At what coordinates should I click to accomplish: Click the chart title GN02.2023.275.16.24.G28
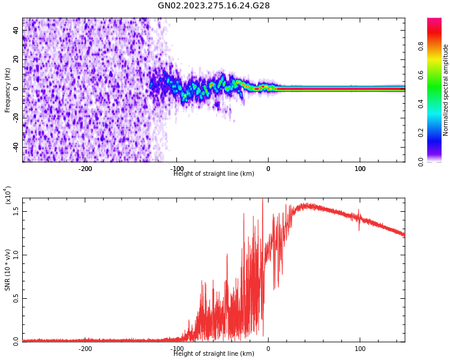pyautogui.click(x=214, y=6)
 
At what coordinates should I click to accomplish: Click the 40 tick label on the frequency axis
pyautogui.click(x=14, y=31)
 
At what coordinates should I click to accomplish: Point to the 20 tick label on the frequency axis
pyautogui.click(x=14, y=60)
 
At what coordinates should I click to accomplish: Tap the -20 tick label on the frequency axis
pyautogui.click(x=13, y=118)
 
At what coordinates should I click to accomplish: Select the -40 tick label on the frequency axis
pyautogui.click(x=13, y=147)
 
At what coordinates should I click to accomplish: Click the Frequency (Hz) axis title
pyautogui.click(x=8, y=90)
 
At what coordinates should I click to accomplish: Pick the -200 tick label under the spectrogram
pyautogui.click(x=85, y=169)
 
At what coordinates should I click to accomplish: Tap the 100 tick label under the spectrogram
pyautogui.click(x=360, y=169)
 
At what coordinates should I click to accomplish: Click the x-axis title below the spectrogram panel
pyautogui.click(x=214, y=174)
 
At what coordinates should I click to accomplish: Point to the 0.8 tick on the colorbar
pyautogui.click(x=421, y=46)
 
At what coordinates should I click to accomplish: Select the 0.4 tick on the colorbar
pyautogui.click(x=421, y=104)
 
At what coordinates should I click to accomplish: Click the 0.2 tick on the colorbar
pyautogui.click(x=421, y=133)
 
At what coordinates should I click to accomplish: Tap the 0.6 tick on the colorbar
pyautogui.click(x=421, y=75)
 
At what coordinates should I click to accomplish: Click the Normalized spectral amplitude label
pyautogui.click(x=446, y=90)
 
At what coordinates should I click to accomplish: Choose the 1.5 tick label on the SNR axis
pyautogui.click(x=15, y=211)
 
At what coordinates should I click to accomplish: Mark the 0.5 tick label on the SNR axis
pyautogui.click(x=15, y=298)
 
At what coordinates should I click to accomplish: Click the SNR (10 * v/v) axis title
pyautogui.click(x=8, y=270)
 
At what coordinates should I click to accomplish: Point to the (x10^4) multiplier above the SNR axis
pyautogui.click(x=8, y=195)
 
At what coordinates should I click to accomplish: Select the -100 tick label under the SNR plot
pyautogui.click(x=177, y=349)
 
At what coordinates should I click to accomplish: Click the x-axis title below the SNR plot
pyautogui.click(x=214, y=354)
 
